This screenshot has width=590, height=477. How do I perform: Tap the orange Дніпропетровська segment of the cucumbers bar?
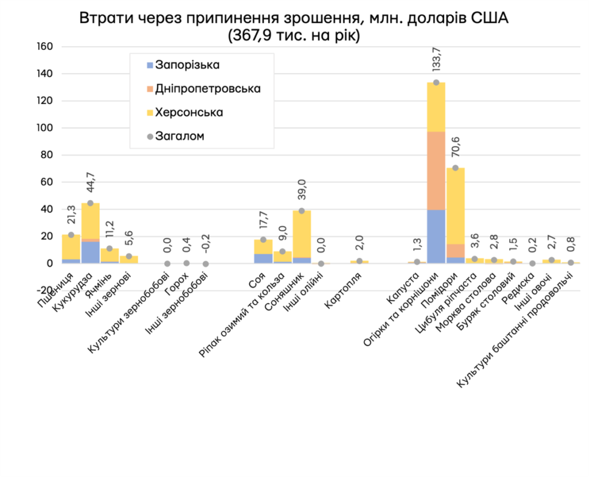coord(436,170)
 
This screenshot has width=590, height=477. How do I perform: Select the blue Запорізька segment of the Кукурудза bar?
coord(91,252)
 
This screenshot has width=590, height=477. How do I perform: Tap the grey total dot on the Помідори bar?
coord(455,168)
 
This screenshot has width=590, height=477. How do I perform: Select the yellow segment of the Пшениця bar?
coord(71,246)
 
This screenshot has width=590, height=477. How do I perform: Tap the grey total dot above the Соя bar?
coord(263,240)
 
